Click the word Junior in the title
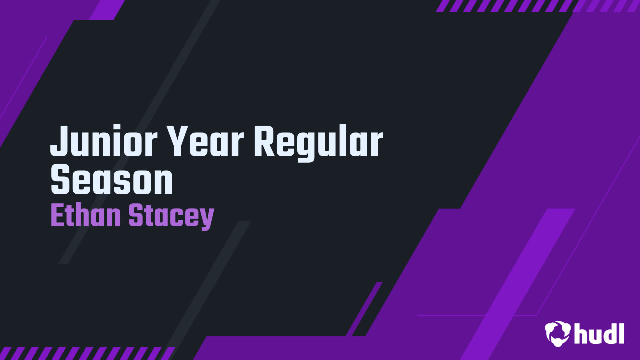point(104,141)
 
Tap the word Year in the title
point(205,141)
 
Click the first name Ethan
point(86,215)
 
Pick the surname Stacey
point(171,217)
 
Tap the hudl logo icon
point(557,334)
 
